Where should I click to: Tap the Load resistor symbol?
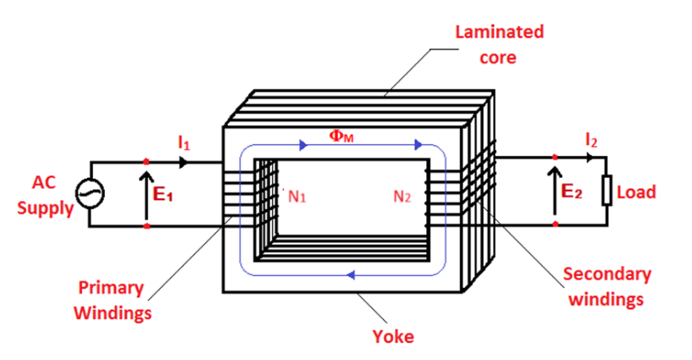click(607, 191)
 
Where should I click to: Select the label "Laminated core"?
click(499, 45)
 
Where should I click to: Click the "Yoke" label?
click(393, 336)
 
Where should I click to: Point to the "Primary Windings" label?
click(111, 300)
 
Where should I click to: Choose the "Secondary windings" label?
click(606, 286)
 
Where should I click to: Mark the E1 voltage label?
click(163, 194)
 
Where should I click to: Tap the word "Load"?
click(636, 192)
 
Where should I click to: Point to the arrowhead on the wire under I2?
click(590, 158)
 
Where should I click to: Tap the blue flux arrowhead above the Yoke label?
click(349, 274)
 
